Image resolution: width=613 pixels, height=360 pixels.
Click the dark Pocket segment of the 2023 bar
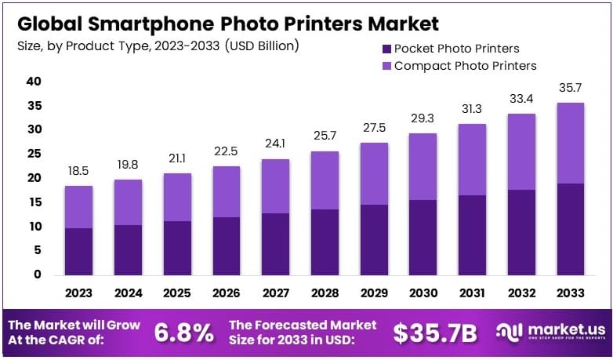pos(78,251)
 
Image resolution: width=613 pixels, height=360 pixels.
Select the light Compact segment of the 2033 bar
pos(569,143)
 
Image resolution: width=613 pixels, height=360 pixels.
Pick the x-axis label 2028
pos(324,293)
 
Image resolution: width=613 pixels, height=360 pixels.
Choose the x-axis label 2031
pos(471,293)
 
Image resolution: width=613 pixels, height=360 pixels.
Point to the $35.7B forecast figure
pos(434,333)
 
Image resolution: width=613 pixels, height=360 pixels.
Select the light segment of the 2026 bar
pos(226,191)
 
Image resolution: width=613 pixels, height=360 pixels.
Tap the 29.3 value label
pos(422,118)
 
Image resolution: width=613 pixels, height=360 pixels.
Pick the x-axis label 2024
pos(128,293)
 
